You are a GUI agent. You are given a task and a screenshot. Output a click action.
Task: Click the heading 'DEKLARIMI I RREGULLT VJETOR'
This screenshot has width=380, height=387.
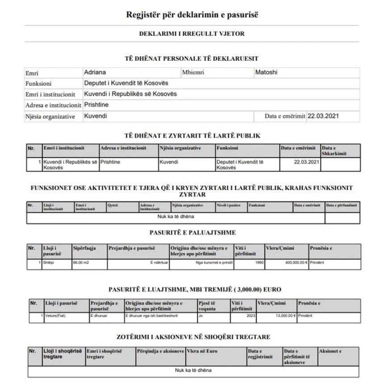click(192, 34)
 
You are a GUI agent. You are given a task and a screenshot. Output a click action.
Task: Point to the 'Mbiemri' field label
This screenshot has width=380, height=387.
click(192, 72)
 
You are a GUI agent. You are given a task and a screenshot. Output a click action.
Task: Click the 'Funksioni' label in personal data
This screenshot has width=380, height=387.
click(38, 84)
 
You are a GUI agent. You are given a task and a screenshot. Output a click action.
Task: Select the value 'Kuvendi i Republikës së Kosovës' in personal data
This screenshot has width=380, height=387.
click(130, 94)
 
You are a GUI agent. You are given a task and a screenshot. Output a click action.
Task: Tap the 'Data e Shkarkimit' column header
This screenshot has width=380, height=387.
click(334, 150)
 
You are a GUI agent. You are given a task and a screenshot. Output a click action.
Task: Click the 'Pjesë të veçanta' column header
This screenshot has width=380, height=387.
click(207, 306)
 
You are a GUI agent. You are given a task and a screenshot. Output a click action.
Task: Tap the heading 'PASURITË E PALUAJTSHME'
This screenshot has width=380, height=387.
click(192, 232)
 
